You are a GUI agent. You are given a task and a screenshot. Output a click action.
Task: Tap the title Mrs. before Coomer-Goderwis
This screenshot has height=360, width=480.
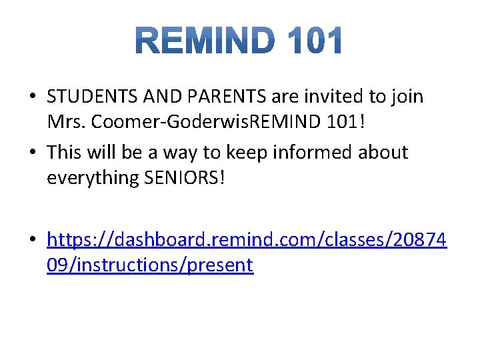point(65,124)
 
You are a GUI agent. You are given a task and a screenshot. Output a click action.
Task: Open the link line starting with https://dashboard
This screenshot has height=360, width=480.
point(247,238)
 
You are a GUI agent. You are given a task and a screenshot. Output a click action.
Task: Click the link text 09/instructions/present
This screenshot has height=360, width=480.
point(150,265)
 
